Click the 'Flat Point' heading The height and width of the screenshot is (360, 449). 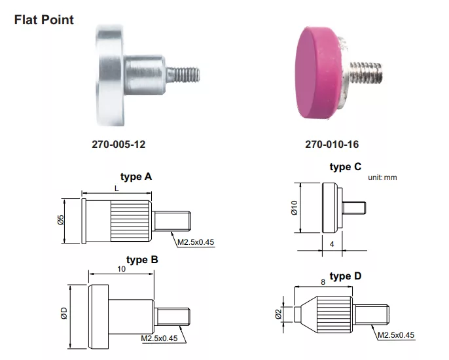coord(44,20)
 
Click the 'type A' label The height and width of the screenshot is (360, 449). coord(135,177)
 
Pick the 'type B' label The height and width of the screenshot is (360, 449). coord(142,259)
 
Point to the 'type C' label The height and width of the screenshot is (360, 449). coord(345,168)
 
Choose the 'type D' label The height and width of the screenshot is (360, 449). coord(345,276)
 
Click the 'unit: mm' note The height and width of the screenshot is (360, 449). coord(382,177)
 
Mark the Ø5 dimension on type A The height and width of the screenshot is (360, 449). coord(60,222)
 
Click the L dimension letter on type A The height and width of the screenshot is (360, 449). coord(116,188)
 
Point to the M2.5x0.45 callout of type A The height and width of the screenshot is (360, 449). coord(196,242)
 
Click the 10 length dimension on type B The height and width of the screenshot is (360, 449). coord(121,269)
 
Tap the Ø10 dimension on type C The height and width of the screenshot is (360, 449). coord(294,208)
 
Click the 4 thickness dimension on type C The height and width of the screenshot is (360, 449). coord(332,243)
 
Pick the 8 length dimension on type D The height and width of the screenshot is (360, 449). coord(322,281)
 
